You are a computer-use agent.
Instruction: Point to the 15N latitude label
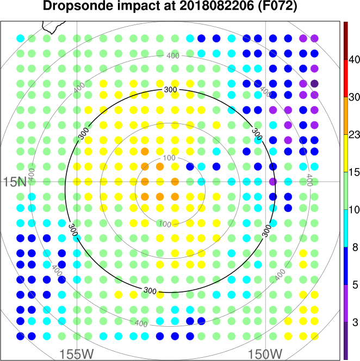(x=15, y=182)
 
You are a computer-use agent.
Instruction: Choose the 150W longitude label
(x=265, y=353)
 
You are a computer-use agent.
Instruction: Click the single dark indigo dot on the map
(x=314, y=84)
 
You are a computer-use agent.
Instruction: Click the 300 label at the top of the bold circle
(x=170, y=90)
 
